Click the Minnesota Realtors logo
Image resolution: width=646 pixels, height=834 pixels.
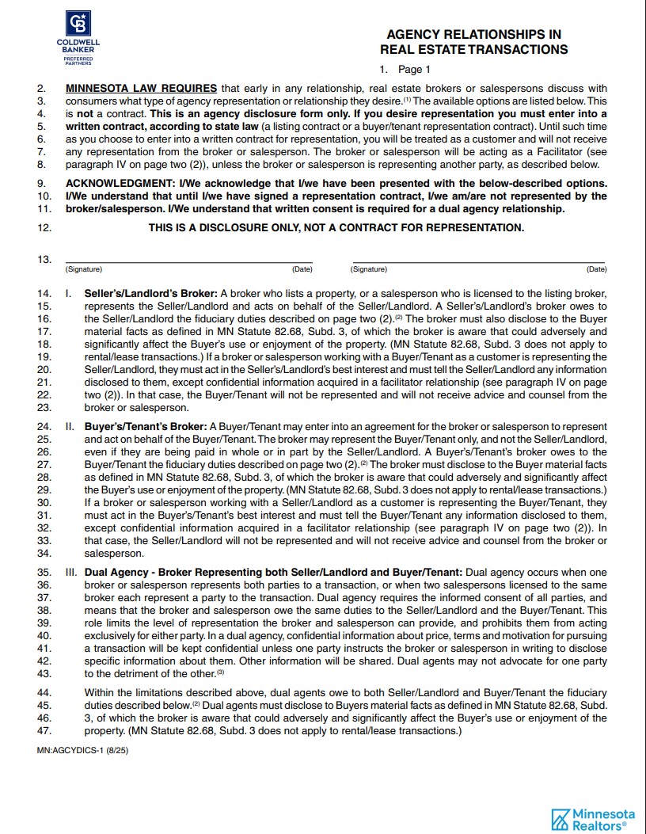[x=593, y=819]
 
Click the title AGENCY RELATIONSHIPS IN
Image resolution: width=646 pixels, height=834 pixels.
[x=473, y=35]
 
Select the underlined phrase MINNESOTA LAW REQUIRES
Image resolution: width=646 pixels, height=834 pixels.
[x=142, y=89]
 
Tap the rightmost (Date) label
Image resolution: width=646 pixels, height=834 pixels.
[x=596, y=269]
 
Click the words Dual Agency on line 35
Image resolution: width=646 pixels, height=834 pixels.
[x=116, y=573]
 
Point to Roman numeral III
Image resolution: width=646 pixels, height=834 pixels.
[x=71, y=573]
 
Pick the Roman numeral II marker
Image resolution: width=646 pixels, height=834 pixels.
[x=70, y=427]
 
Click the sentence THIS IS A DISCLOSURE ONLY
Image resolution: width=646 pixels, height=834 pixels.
[x=336, y=227]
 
